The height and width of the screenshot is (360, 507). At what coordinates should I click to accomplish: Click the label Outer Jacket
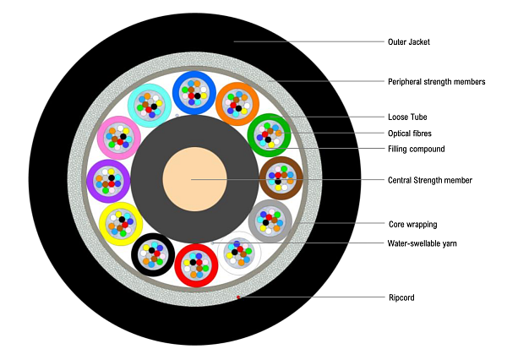coord(409,41)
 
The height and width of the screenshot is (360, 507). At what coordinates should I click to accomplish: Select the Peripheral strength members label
coord(436,82)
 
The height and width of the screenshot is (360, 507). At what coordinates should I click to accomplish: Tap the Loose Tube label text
coord(406,117)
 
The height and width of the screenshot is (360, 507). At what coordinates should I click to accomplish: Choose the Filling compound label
coord(416,150)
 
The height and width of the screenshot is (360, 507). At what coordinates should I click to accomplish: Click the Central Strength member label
coord(429,180)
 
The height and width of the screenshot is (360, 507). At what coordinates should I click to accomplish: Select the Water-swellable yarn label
coord(422,243)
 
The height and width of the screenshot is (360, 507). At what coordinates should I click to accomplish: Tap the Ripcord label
coord(401,297)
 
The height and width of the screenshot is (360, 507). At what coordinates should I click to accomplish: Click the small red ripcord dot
coord(239,297)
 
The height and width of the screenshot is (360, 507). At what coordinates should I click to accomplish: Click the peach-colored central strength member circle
coord(191,180)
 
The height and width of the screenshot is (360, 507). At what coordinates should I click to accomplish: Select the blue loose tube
coord(194,92)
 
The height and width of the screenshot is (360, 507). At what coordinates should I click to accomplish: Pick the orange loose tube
coord(237,104)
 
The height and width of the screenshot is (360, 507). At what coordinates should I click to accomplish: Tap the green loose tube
coord(269,134)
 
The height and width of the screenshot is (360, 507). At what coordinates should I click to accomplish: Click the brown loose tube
coord(280,177)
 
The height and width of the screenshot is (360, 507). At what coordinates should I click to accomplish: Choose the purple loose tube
coord(108,181)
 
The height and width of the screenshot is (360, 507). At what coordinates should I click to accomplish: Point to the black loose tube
coord(153,254)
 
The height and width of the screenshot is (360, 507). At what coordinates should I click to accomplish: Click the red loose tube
coord(196,265)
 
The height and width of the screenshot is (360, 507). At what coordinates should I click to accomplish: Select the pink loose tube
coord(118,138)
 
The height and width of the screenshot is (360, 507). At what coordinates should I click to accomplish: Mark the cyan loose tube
coord(150,104)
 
